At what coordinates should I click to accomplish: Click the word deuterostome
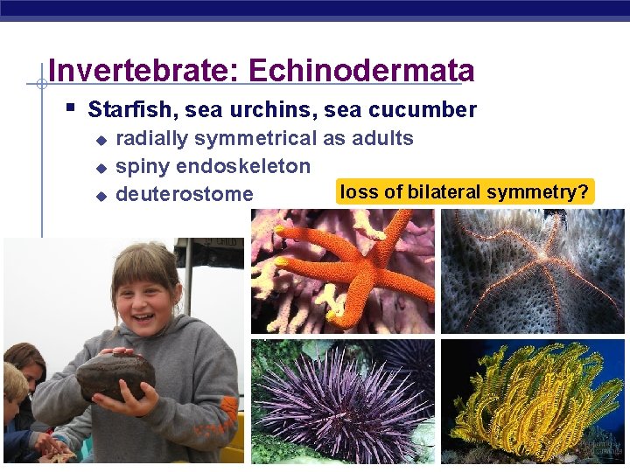184,194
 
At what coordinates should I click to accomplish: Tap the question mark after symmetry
584,192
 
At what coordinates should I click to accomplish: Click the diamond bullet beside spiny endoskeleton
101,167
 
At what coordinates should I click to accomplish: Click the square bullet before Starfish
71,109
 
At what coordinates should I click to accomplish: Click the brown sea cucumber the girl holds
115,374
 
